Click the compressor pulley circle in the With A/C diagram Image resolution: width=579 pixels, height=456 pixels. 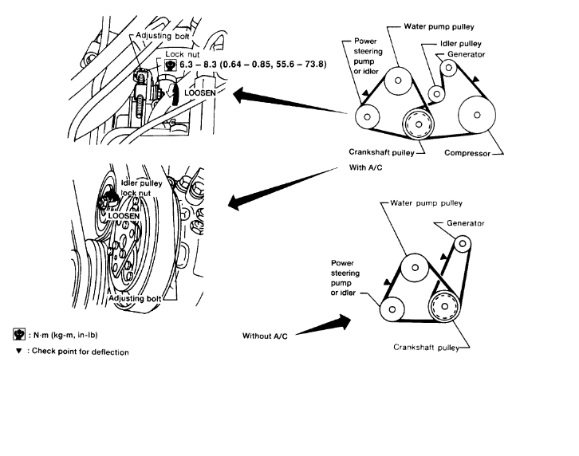tap(477, 116)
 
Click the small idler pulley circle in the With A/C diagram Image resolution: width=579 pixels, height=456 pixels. tap(436, 94)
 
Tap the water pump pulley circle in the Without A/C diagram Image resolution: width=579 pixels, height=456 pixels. tap(415, 267)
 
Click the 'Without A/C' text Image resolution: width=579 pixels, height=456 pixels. tap(264, 336)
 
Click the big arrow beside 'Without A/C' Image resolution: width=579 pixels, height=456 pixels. tap(329, 324)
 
